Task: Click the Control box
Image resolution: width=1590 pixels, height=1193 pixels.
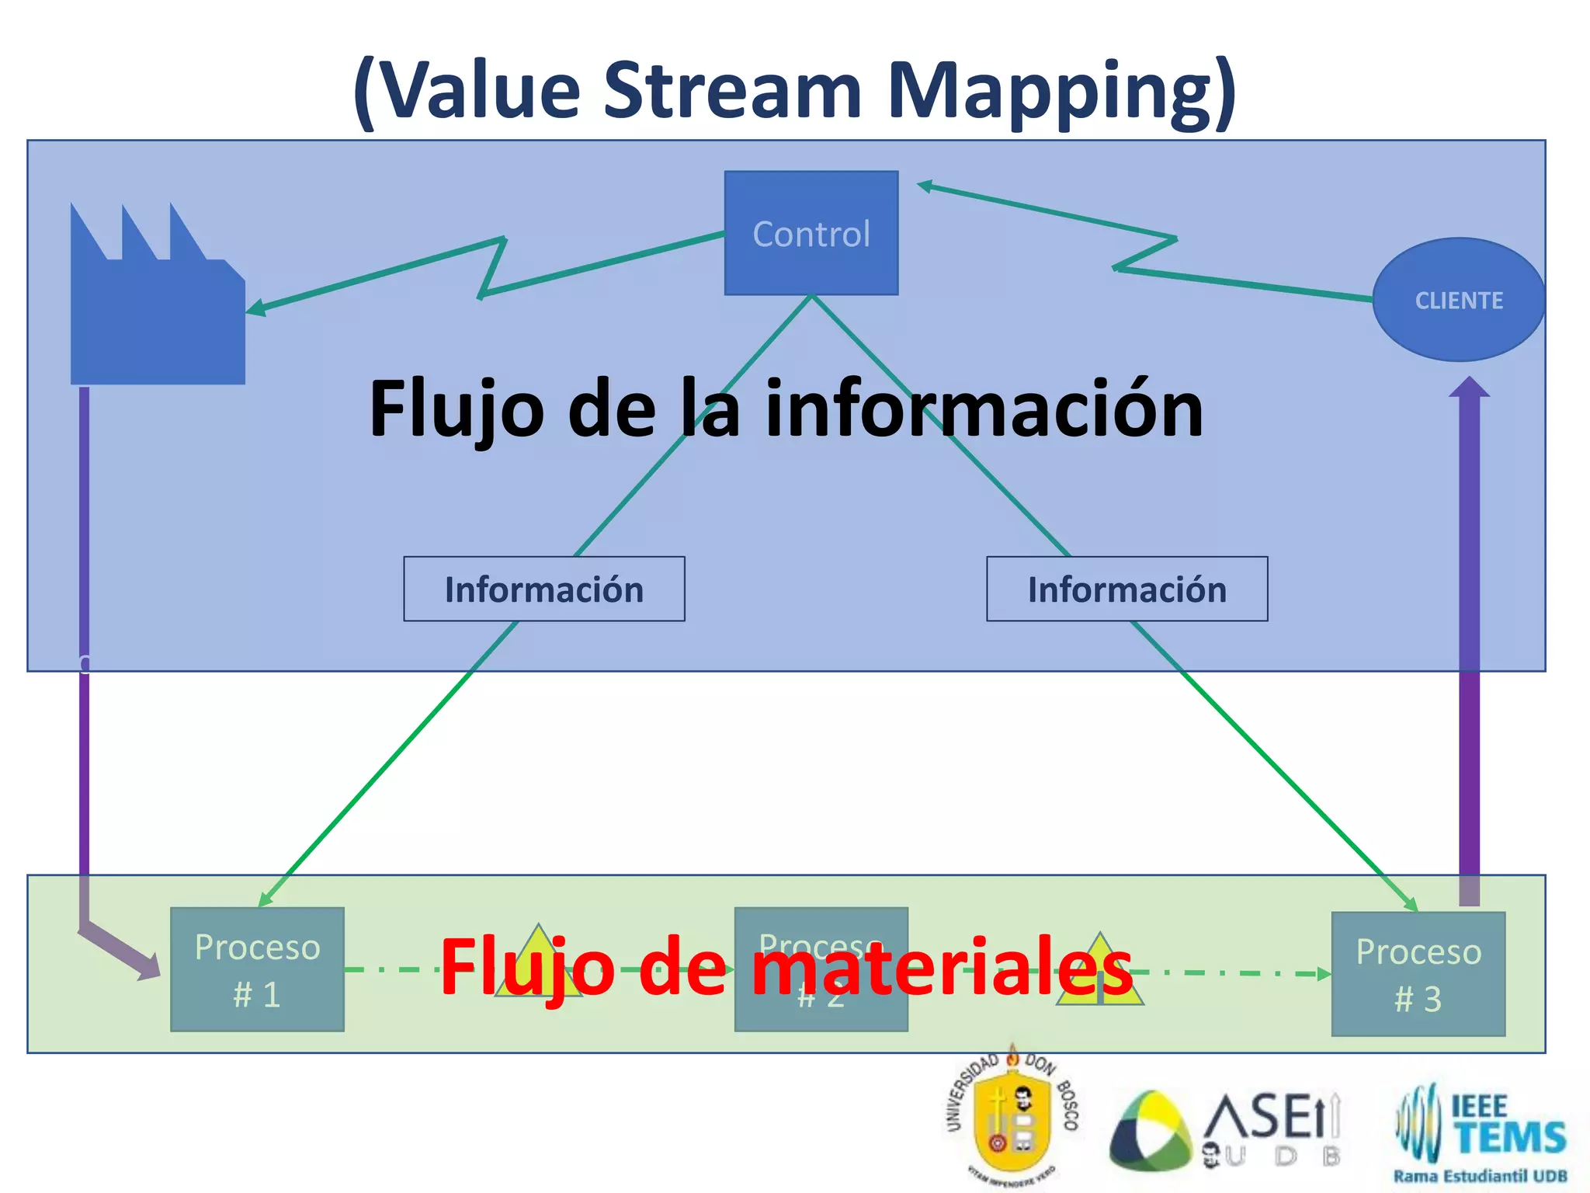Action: tap(811, 233)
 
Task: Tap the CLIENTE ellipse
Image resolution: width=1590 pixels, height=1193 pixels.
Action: tap(1459, 300)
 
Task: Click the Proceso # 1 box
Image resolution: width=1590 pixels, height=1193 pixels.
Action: tap(257, 969)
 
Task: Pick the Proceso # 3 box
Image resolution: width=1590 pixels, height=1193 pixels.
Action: tap(1418, 974)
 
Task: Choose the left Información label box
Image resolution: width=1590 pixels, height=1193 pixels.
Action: tap(544, 589)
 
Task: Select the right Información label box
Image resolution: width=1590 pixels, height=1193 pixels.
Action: tap(1127, 589)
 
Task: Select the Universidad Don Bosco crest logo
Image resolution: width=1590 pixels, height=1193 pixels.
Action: tap(1012, 1117)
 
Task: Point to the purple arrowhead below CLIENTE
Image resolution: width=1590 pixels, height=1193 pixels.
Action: tap(1469, 388)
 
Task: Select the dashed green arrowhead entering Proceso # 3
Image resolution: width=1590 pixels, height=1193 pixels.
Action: tap(1324, 974)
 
